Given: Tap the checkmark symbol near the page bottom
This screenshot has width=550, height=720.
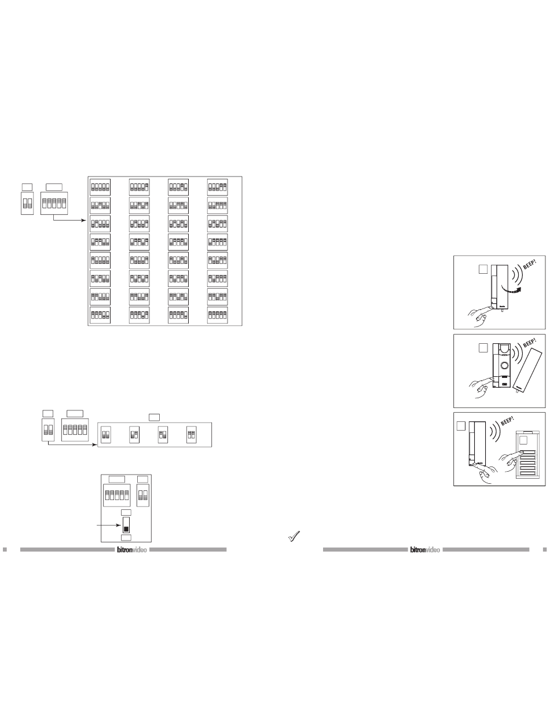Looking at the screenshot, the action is click(x=294, y=538).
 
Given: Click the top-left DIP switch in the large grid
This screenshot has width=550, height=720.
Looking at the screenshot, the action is click(x=100, y=187).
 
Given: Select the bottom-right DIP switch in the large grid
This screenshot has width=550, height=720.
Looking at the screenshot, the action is click(x=218, y=315).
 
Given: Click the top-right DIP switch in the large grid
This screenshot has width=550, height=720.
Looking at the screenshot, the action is click(x=218, y=187).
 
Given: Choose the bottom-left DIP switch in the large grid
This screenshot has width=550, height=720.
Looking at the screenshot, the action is click(x=100, y=315).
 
